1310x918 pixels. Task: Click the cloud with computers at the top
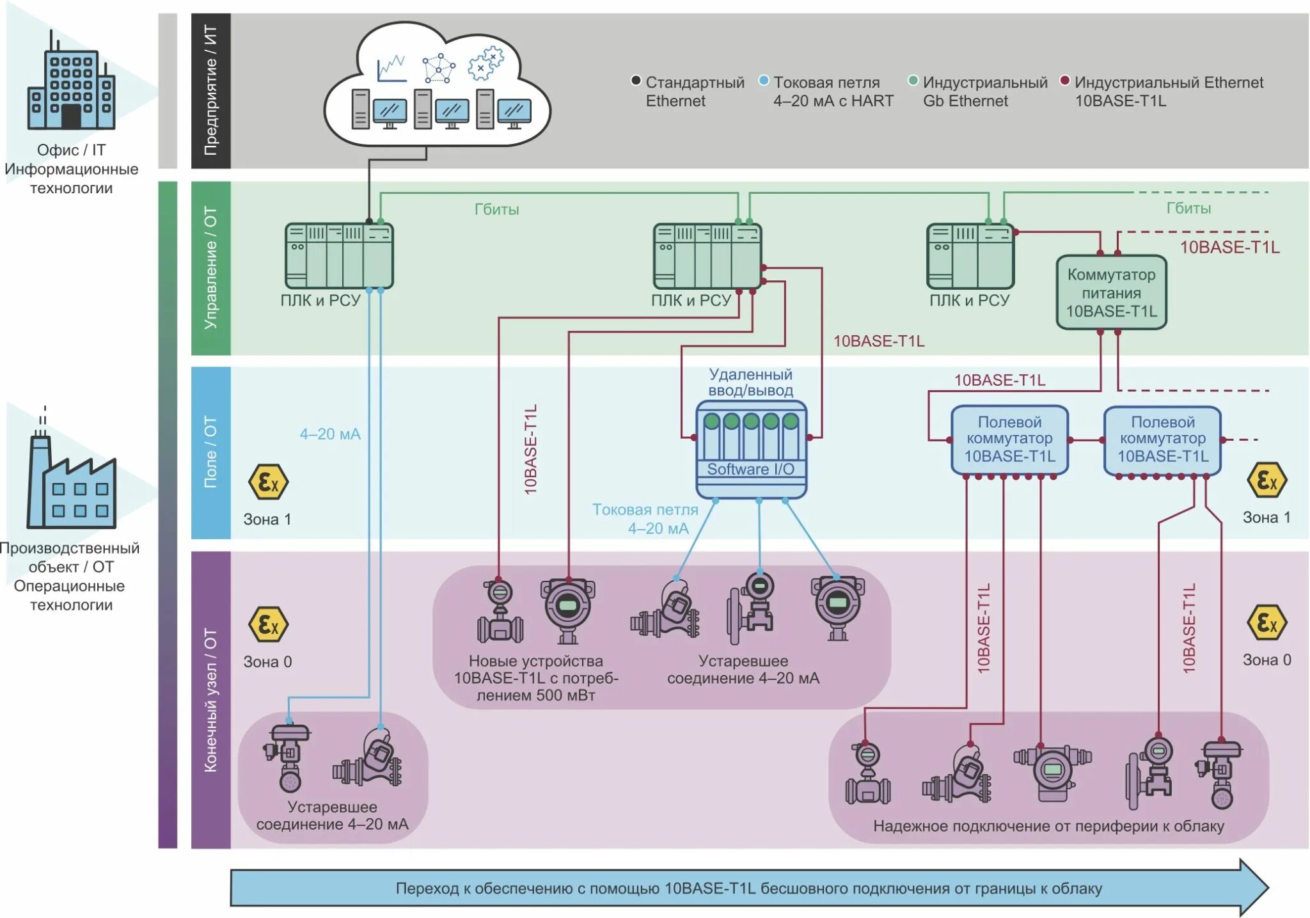pyautogui.click(x=437, y=86)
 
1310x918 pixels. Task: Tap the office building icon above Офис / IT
pyautogui.click(x=71, y=83)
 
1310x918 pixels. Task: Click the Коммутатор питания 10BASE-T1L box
pyautogui.click(x=1111, y=293)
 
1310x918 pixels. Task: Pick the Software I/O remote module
pyautogui.click(x=751, y=449)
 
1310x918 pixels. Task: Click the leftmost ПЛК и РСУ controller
pyautogui.click(x=338, y=256)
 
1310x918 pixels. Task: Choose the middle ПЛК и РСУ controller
pyautogui.click(x=707, y=256)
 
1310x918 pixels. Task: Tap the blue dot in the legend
pyautogui.click(x=763, y=81)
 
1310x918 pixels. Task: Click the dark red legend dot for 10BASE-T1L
pyautogui.click(x=1064, y=81)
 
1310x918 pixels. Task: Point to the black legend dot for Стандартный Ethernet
pyautogui.click(x=635, y=81)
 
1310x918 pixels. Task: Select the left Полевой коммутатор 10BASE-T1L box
pyautogui.click(x=1009, y=439)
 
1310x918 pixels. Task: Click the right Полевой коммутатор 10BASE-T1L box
pyautogui.click(x=1162, y=439)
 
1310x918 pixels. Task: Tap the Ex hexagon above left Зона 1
pyautogui.click(x=268, y=482)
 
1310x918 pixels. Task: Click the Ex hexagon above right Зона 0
pyautogui.click(x=1267, y=622)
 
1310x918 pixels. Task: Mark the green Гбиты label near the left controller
pyautogui.click(x=496, y=209)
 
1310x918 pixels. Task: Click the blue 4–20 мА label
pyautogui.click(x=330, y=434)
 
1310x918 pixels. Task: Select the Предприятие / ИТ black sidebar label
pyautogui.click(x=210, y=91)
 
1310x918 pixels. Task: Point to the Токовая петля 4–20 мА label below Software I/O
pyautogui.click(x=646, y=519)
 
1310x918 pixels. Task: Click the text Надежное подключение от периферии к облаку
pyautogui.click(x=1048, y=826)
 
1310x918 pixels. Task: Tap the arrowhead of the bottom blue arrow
pyautogui.click(x=1254, y=887)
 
